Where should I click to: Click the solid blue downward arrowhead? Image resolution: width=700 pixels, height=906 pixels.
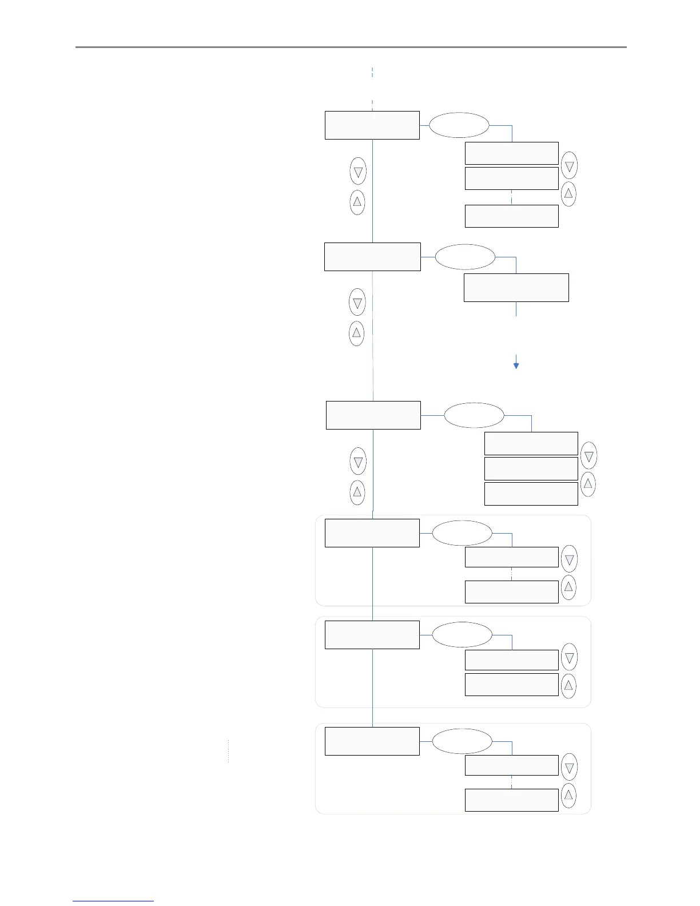click(x=516, y=365)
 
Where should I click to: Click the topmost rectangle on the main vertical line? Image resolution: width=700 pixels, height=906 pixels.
click(x=372, y=125)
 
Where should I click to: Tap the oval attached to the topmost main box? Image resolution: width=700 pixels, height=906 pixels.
click(x=459, y=125)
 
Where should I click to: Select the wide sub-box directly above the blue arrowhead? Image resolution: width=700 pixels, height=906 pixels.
click(x=516, y=287)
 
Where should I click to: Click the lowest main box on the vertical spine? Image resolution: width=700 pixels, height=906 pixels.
click(x=372, y=741)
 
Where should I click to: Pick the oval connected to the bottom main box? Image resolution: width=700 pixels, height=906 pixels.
click(x=462, y=741)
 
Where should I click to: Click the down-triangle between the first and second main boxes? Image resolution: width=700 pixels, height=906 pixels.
click(x=358, y=172)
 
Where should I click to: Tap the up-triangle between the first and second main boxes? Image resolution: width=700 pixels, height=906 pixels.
click(x=357, y=202)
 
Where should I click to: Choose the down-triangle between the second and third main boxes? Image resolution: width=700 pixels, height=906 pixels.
click(x=357, y=303)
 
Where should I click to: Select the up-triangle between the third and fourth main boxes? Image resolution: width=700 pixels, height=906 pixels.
click(x=357, y=492)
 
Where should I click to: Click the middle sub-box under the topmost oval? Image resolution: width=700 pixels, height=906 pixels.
click(x=511, y=178)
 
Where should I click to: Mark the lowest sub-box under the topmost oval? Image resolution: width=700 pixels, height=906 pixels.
click(x=511, y=216)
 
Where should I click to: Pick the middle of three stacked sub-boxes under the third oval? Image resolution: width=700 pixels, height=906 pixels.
click(x=531, y=468)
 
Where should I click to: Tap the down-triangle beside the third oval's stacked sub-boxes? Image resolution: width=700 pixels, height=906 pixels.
click(x=588, y=456)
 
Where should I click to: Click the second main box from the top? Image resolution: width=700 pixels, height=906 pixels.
click(x=372, y=257)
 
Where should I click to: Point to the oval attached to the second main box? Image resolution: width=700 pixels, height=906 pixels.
click(x=465, y=257)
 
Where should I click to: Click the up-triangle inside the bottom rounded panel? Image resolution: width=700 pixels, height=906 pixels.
click(x=568, y=795)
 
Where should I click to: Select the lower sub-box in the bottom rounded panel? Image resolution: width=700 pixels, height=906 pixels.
click(x=511, y=800)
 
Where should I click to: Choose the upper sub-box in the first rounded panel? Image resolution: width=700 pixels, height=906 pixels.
click(x=511, y=557)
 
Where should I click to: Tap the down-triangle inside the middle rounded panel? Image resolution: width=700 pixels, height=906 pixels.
click(x=569, y=658)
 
